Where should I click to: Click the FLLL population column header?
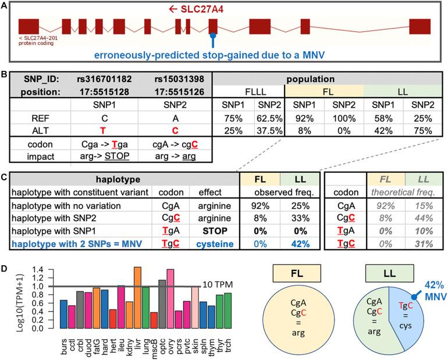coord(248,92)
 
